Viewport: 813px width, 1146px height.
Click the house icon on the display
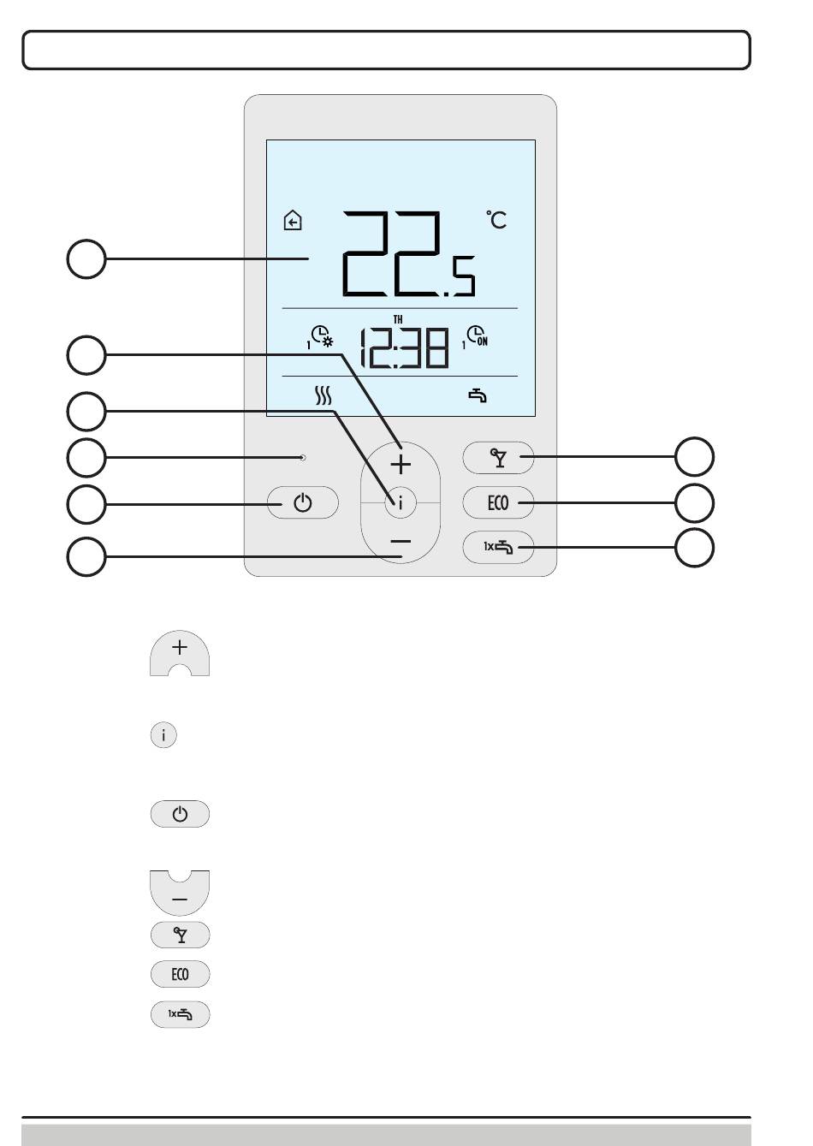click(293, 221)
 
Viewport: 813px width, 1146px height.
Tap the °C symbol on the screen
click(496, 220)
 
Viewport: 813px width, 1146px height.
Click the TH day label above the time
click(398, 320)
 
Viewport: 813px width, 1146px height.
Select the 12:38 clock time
click(405, 348)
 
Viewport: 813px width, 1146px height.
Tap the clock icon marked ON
click(476, 336)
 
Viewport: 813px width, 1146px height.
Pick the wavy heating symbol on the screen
click(323, 395)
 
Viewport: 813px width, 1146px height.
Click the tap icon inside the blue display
click(478, 396)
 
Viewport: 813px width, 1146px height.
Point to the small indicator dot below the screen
click(303, 457)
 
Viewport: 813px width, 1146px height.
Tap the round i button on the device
click(401, 503)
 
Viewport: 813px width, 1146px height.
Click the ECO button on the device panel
click(498, 502)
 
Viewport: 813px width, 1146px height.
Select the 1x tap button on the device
click(498, 548)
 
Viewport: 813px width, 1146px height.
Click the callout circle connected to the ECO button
click(694, 503)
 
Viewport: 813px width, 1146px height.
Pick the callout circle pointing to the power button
click(86, 504)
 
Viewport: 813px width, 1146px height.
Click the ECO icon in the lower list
click(180, 974)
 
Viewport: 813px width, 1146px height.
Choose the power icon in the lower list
click(180, 813)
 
